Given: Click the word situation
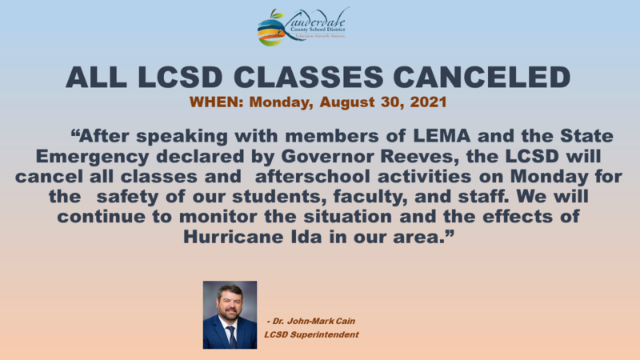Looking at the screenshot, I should point(356,216).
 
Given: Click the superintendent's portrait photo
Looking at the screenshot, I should point(230,314).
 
